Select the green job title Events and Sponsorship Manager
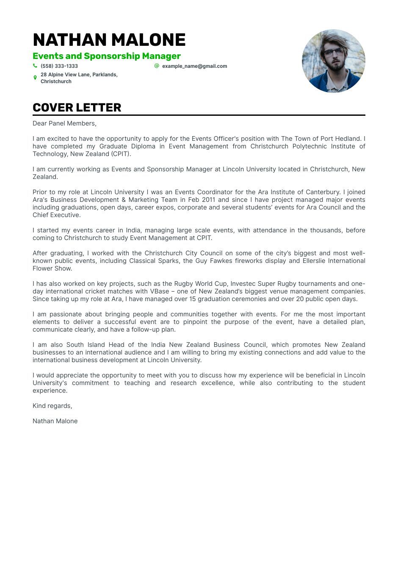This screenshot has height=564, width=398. (107, 56)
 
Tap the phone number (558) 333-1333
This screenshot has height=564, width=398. (59, 66)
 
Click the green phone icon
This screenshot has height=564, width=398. (35, 66)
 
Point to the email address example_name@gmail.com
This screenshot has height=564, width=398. (194, 66)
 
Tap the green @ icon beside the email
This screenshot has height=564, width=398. (157, 66)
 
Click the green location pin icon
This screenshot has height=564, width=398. (35, 78)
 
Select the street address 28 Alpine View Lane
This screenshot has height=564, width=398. (65, 75)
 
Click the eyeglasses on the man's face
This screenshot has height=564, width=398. (334, 52)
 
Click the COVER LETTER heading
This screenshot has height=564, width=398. (77, 108)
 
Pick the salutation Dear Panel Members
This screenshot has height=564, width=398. (64, 123)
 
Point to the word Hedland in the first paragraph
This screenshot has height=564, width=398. (350, 139)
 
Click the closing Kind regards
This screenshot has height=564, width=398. (53, 406)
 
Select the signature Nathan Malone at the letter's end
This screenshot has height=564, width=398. (55, 421)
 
